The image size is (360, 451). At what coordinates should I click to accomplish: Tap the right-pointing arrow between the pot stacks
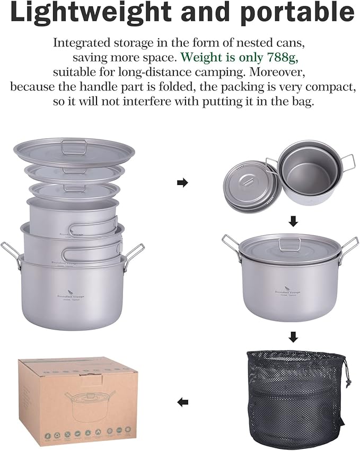tap(182, 183)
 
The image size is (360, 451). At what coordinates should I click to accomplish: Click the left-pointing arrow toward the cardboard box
tap(182, 402)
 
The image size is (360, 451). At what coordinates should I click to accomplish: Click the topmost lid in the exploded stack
tap(67, 149)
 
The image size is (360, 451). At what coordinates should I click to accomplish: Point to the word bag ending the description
tap(303, 101)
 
